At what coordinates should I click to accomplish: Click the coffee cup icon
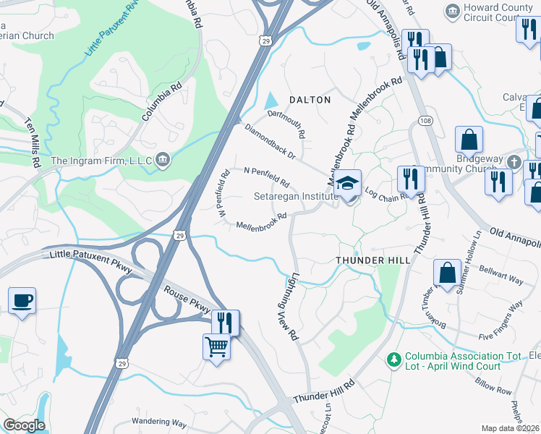click(22, 300)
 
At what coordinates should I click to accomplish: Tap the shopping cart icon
click(217, 347)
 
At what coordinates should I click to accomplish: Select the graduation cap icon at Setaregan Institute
click(348, 183)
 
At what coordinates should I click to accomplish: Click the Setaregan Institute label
click(296, 196)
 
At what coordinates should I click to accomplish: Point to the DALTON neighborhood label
click(310, 100)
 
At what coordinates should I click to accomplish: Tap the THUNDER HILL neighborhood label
click(373, 260)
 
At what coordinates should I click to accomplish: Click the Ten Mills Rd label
click(33, 143)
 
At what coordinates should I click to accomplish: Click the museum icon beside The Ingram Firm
click(163, 159)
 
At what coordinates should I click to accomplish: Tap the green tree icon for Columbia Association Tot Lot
click(393, 358)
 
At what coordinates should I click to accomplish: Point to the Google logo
click(23, 425)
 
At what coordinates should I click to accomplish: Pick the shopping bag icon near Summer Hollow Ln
click(447, 273)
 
